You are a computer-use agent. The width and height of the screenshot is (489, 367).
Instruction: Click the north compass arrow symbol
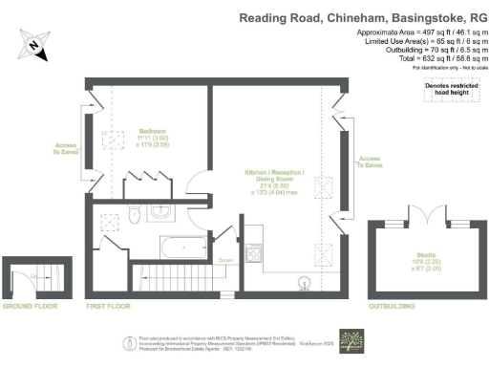[x=33, y=43]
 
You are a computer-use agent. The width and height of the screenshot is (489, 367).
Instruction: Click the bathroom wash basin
[x=163, y=211]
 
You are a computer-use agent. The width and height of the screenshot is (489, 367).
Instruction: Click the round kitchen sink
[x=306, y=282]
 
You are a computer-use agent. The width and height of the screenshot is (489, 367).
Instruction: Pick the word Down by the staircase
[x=225, y=260]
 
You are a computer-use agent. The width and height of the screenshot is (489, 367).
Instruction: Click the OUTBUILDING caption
[x=393, y=308]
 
